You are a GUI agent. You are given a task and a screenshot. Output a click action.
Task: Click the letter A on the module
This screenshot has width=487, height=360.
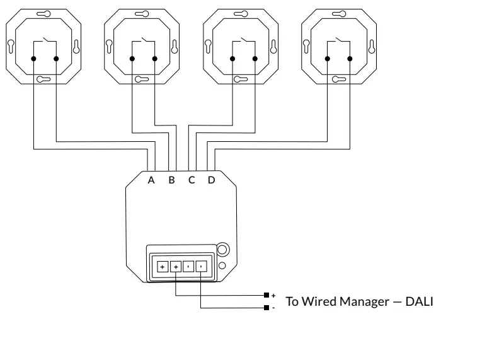click(x=151, y=180)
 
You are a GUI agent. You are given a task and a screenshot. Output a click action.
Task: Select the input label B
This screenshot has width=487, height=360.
click(x=171, y=180)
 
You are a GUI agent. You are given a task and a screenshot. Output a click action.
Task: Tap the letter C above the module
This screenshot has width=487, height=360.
click(x=192, y=180)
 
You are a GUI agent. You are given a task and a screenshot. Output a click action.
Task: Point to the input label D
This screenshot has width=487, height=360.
click(x=212, y=180)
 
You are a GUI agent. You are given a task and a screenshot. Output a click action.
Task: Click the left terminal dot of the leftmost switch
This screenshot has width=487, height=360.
click(x=33, y=59)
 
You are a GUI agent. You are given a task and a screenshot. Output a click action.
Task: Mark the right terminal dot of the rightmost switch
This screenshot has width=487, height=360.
click(x=350, y=59)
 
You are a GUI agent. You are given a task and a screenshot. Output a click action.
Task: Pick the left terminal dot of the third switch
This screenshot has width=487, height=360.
click(x=232, y=59)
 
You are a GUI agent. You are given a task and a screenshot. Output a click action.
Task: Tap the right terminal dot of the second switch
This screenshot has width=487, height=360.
click(x=154, y=59)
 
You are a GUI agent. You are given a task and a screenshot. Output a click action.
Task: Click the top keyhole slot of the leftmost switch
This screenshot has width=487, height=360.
click(x=44, y=14)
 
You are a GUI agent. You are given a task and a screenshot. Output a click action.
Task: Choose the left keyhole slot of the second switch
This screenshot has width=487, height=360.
click(x=110, y=47)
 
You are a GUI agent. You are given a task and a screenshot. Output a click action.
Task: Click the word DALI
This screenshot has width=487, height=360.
click(x=419, y=301)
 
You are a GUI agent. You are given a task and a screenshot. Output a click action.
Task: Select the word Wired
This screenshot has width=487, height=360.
click(x=319, y=301)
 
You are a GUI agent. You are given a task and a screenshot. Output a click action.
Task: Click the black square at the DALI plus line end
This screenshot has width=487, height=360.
click(x=266, y=295)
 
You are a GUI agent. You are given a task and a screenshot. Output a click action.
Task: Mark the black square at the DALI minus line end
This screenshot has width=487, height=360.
click(x=266, y=308)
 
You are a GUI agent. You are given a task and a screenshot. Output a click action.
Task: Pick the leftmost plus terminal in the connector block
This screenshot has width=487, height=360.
click(x=162, y=267)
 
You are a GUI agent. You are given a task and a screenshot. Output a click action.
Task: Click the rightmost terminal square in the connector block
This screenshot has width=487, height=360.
click(x=200, y=267)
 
